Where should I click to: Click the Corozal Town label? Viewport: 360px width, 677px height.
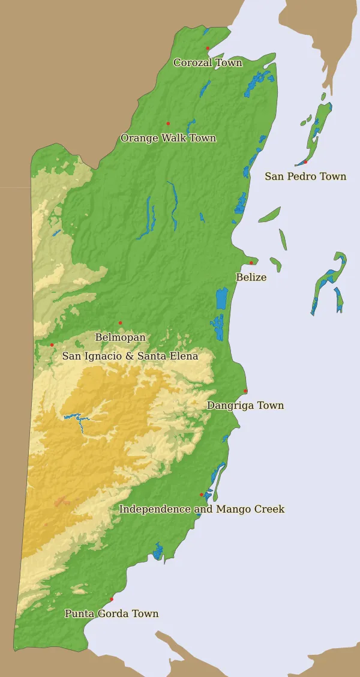(x=208, y=62)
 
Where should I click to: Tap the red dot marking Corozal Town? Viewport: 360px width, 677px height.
(x=208, y=48)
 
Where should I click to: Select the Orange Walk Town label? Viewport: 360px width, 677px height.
(x=168, y=138)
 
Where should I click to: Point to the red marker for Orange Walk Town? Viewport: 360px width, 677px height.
(x=168, y=124)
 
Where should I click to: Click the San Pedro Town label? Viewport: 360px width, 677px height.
(x=305, y=176)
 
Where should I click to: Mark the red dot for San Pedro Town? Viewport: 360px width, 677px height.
(x=305, y=161)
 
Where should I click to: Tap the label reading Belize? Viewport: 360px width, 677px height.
(x=251, y=277)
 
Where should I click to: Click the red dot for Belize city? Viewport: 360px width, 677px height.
(x=251, y=263)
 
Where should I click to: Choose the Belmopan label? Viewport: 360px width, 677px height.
(x=120, y=337)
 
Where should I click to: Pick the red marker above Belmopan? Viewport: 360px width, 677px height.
(x=120, y=323)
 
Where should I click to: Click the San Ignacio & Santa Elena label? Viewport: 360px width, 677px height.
(x=130, y=356)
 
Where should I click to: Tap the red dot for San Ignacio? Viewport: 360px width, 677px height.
(x=52, y=345)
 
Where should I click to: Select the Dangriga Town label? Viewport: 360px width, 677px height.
(x=245, y=406)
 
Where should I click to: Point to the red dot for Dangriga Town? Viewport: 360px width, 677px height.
(x=245, y=391)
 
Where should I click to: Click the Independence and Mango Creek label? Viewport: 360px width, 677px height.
(x=202, y=509)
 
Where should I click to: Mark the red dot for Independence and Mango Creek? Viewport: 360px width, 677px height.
(x=202, y=495)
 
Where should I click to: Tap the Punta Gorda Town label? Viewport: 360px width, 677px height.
(x=112, y=613)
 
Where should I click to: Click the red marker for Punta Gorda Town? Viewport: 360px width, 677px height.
(x=112, y=599)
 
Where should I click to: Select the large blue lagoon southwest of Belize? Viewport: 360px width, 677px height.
(x=221, y=298)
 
